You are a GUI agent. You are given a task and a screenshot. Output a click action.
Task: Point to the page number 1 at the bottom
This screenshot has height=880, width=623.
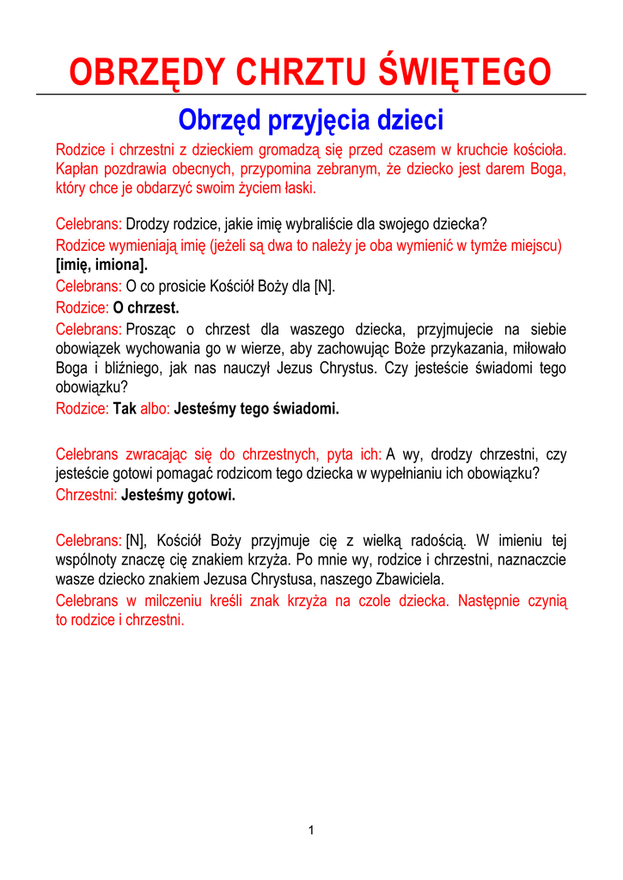point(311,829)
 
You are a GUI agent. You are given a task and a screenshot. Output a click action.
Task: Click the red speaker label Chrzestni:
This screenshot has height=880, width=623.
point(87,495)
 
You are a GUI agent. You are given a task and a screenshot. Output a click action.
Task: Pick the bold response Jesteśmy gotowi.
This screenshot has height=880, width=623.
point(179,495)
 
